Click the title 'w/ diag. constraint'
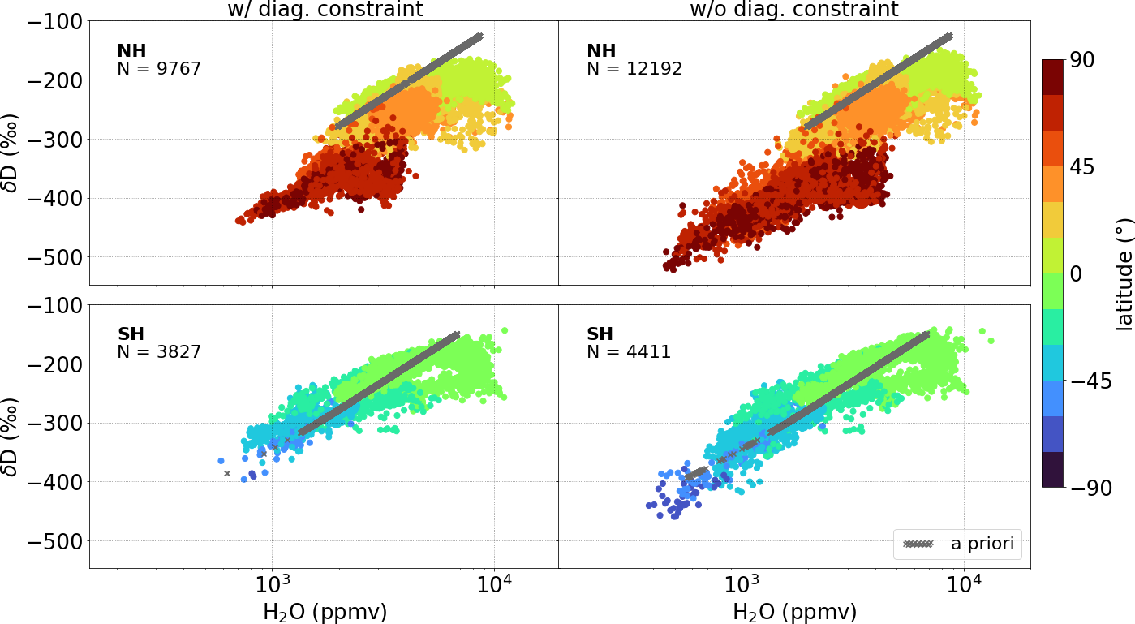tap(324, 10)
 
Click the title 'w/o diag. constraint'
tap(794, 10)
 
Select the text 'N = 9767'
tap(159, 69)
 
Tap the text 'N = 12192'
tap(634, 69)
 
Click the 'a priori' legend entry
tap(957, 544)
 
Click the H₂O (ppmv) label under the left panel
tap(325, 611)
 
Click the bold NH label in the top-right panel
tap(601, 51)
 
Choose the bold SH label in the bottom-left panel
tap(132, 334)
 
